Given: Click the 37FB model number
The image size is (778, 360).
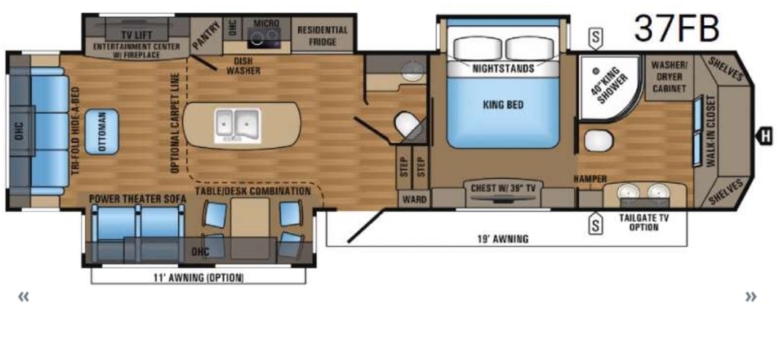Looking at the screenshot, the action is point(676,28).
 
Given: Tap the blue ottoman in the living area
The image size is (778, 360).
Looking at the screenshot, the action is point(101,131).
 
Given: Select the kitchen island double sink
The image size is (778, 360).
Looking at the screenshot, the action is point(238,125).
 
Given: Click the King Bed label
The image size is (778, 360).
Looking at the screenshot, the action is point(503,105).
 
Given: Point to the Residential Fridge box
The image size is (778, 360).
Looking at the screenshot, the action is point(322,35).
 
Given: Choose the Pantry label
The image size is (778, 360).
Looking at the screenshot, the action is point(206,36).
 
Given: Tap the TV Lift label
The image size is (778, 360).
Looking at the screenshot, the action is point(137,35).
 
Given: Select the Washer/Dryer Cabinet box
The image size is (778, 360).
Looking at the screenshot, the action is point(669,77).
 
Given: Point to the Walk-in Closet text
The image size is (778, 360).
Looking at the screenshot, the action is point(711,131).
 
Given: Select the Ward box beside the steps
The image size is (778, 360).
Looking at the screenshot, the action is point(414,199).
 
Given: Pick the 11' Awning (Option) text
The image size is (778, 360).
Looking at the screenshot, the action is point(198,278).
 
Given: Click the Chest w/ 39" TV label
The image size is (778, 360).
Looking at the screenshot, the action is point(502,188).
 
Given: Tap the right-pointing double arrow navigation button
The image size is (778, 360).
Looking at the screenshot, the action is point(751,297).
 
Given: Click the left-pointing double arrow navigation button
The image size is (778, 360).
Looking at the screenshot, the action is point(24,297).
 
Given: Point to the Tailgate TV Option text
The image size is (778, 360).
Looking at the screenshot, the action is point(644,222).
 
